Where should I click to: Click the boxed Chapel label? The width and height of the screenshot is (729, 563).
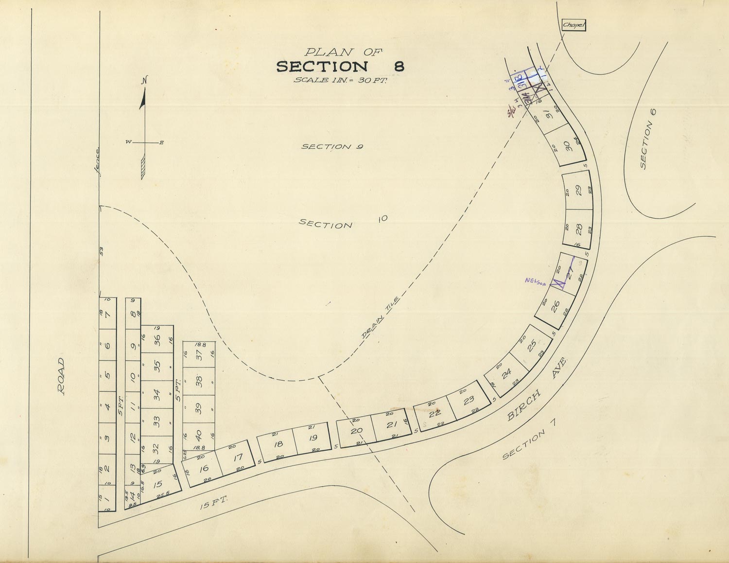tap(573, 25)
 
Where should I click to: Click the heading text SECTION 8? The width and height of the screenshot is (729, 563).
tap(340, 66)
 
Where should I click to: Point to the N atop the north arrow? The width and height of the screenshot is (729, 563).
tap(144, 81)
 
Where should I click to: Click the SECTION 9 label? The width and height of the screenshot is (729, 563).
tap(332, 146)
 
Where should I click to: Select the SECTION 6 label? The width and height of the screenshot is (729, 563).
tap(647, 145)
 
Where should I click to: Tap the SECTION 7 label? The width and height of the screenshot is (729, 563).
tap(530, 439)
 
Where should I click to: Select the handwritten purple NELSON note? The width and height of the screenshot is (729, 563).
tap(536, 281)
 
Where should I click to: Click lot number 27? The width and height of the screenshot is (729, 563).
tap(570, 270)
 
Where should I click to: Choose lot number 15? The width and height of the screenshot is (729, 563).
tap(157, 484)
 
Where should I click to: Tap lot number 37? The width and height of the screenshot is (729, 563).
tap(198, 354)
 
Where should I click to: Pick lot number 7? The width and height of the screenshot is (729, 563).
tap(107, 314)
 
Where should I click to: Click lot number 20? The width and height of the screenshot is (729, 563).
tap(356, 431)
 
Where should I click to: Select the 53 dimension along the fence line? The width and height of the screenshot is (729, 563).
tap(102, 250)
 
